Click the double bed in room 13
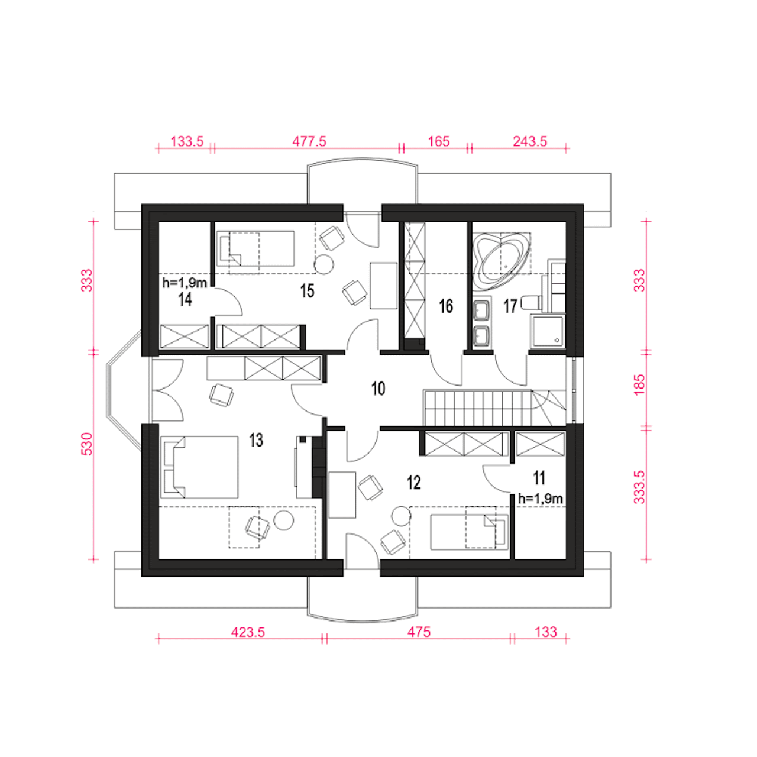tap(199, 467)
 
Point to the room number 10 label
tap(378, 389)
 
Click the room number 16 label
tap(446, 306)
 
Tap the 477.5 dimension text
tap(309, 141)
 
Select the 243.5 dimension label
tap(530, 141)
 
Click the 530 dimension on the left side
tap(87, 444)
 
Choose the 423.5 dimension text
tap(248, 632)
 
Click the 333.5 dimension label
tap(639, 487)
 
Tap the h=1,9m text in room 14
tap(185, 283)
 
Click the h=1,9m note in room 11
tap(541, 499)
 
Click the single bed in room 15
tap(255, 248)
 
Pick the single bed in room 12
tap(470, 532)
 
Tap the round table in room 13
tap(284, 520)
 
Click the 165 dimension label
tap(438, 141)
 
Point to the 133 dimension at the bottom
tap(546, 632)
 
